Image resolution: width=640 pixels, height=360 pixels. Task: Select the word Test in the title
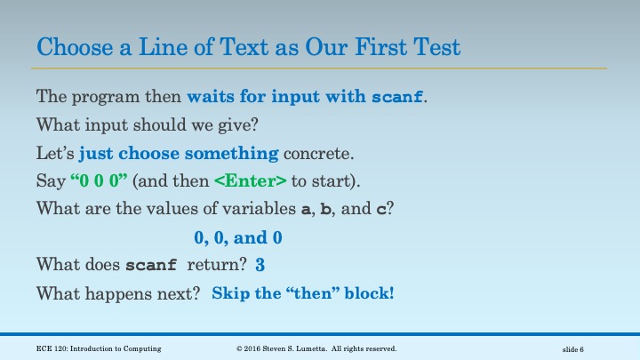coord(436,45)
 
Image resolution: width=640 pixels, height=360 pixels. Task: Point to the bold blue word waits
coord(211,95)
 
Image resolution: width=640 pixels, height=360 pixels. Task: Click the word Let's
coord(55,152)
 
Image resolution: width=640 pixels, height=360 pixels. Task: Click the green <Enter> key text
coord(252,180)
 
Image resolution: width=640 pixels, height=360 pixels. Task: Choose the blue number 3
coord(260,265)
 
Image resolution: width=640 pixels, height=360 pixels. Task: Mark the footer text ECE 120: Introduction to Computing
coord(99,348)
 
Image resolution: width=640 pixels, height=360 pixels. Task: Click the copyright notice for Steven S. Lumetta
coord(316,348)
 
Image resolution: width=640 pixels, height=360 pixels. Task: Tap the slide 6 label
coord(572,348)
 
